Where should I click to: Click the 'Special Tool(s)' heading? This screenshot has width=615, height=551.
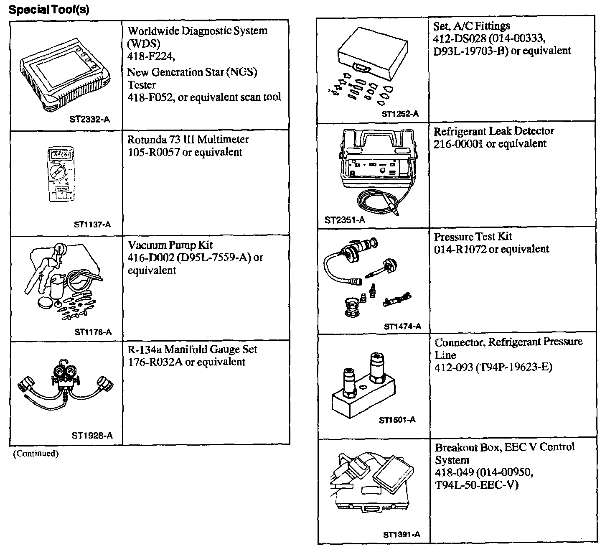49,10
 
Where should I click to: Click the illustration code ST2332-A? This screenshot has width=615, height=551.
89,120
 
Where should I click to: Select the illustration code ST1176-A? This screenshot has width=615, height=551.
93,332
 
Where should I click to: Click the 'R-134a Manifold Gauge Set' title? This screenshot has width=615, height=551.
192,349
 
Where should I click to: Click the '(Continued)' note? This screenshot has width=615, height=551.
36,453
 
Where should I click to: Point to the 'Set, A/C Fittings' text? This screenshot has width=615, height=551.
472,26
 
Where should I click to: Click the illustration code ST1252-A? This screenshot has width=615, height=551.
400,114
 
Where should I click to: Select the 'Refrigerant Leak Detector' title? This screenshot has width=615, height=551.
494,131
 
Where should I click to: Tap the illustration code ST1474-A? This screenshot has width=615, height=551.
402,327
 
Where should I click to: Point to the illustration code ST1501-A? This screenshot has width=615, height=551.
397,420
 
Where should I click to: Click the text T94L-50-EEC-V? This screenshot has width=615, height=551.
477,485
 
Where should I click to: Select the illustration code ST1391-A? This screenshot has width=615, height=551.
402,535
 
